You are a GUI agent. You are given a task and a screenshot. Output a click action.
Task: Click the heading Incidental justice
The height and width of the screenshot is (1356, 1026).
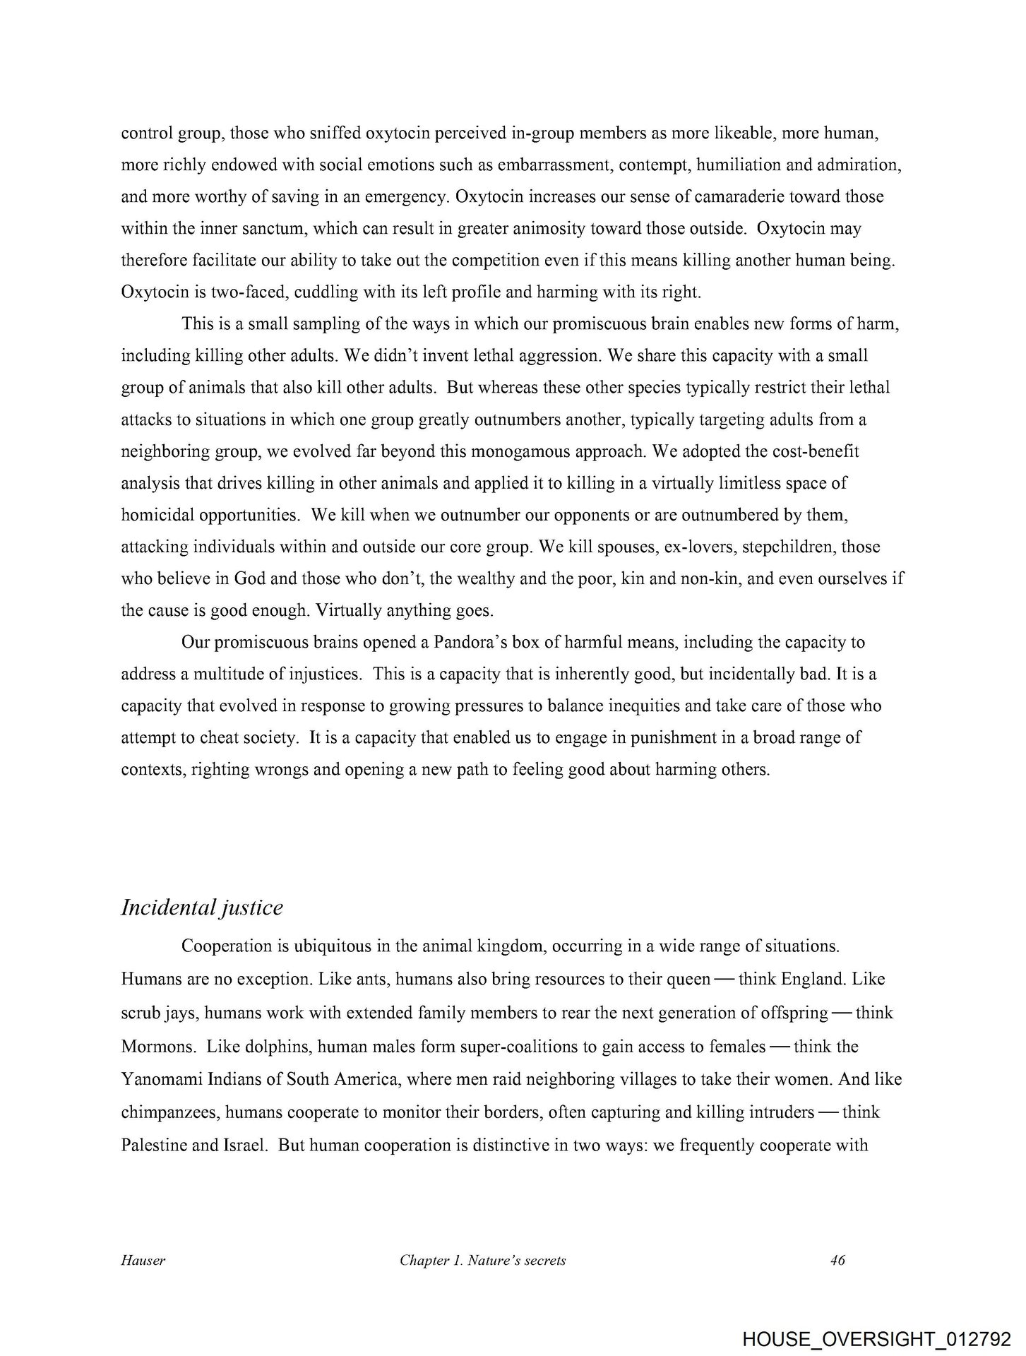pyautogui.click(x=202, y=908)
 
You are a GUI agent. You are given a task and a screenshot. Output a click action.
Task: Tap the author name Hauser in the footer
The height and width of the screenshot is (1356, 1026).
pyautogui.click(x=143, y=1261)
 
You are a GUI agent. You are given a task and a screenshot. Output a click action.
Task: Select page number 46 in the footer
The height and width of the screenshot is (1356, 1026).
pyautogui.click(x=838, y=1261)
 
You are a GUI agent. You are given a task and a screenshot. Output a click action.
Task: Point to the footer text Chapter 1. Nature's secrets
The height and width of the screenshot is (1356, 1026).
pyautogui.click(x=482, y=1261)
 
